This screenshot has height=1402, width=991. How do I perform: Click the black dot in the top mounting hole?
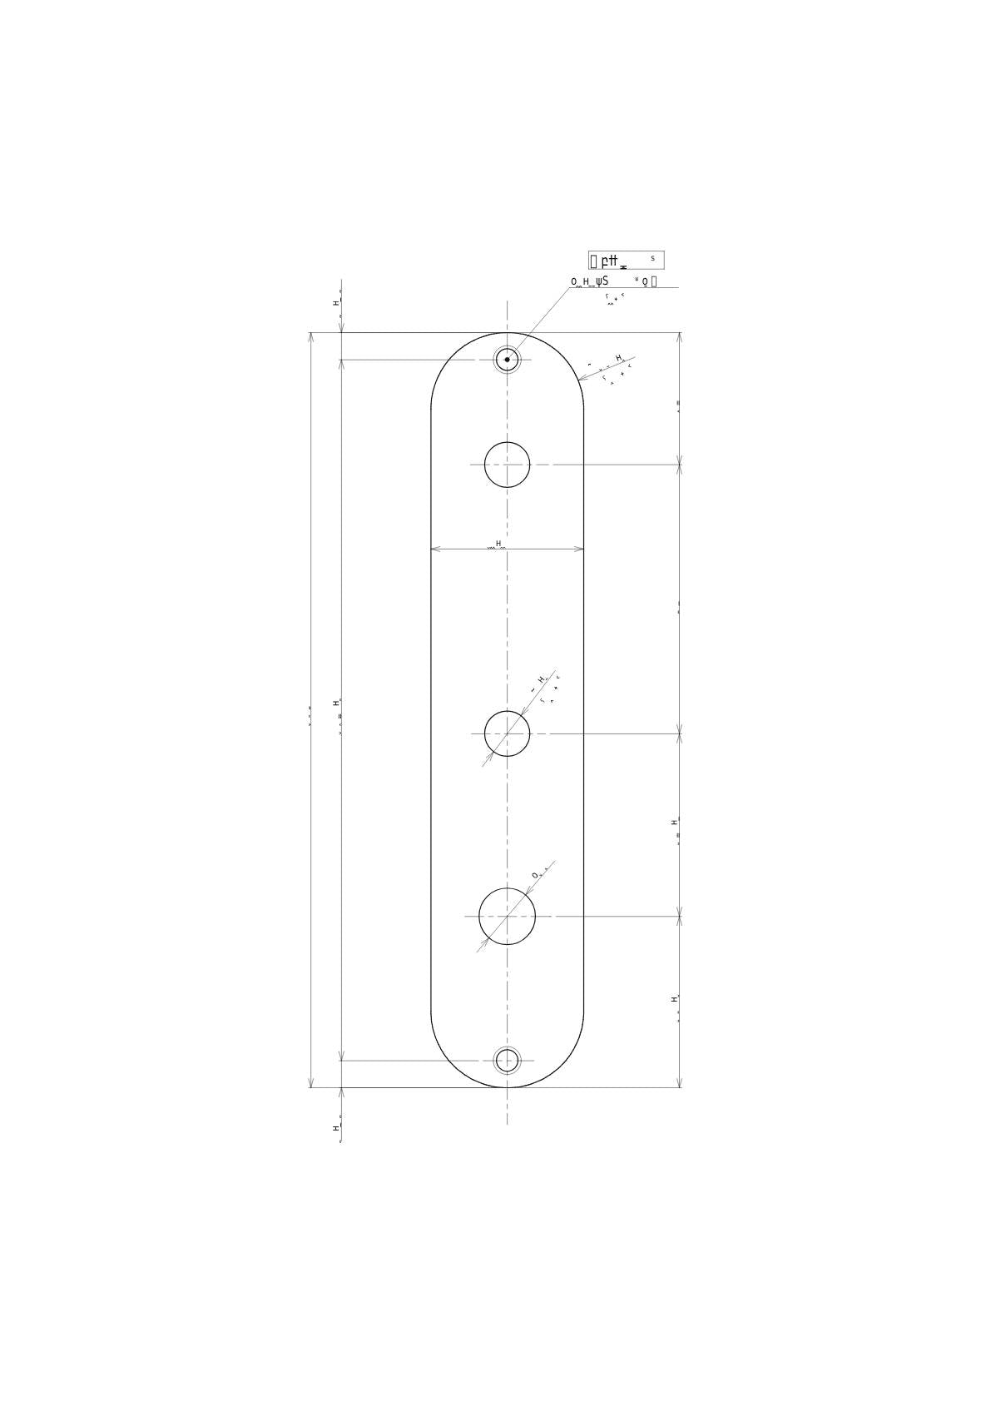coord(507,360)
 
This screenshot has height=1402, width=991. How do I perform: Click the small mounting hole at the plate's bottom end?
coord(507,1060)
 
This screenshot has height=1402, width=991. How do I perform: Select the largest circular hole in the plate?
coord(507,916)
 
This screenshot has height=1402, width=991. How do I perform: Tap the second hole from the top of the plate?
coord(507,465)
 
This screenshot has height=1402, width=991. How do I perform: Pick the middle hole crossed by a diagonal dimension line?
coord(507,733)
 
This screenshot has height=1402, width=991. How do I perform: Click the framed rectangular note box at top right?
coord(626,260)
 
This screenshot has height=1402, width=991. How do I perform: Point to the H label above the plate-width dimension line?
coord(498,544)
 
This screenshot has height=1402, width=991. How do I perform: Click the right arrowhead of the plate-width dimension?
coord(579,549)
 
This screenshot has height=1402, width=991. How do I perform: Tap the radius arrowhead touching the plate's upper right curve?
coord(582,379)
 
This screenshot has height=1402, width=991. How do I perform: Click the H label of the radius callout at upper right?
coord(618,358)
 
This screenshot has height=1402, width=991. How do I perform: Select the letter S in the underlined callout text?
coord(605,281)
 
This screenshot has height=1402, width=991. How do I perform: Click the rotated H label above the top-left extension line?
coord(336,303)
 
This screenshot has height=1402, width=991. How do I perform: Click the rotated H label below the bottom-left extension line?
coord(336,1128)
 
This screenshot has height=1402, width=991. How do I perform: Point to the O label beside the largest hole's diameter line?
coord(535,875)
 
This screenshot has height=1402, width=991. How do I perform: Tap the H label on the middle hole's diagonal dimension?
coord(540,679)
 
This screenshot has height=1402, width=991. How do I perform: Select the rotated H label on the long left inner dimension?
coord(336,703)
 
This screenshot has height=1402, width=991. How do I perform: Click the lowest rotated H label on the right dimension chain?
coord(674,998)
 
